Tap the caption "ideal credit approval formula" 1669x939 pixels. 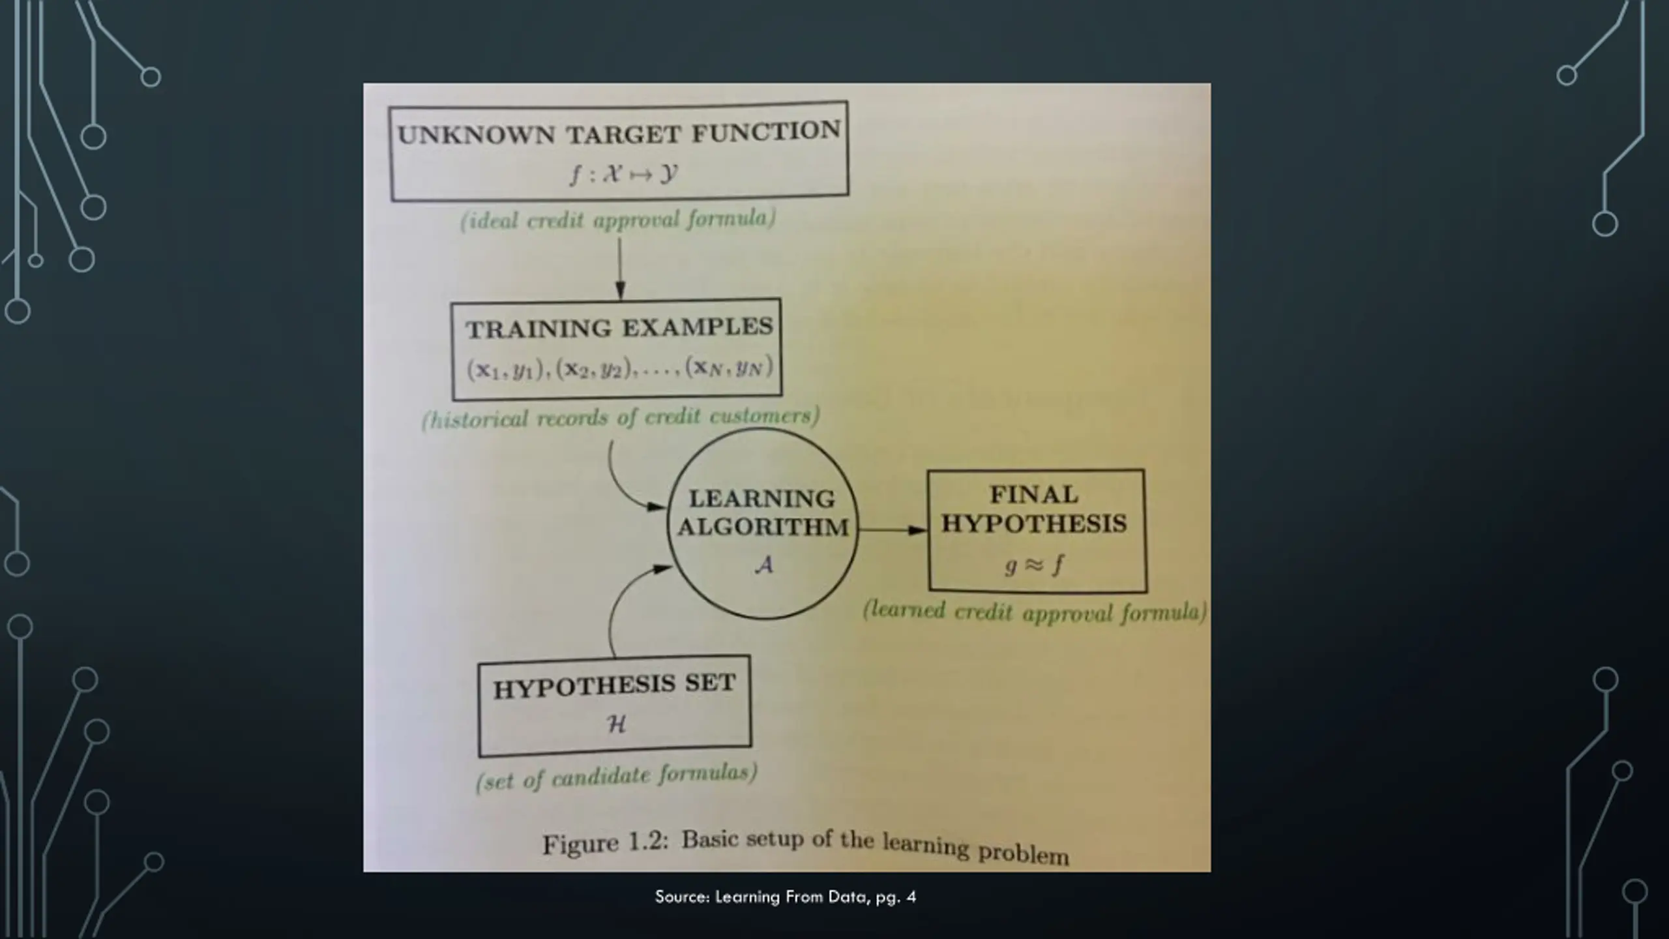point(618,220)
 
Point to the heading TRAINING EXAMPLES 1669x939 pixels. point(619,328)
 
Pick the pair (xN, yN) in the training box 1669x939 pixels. point(729,367)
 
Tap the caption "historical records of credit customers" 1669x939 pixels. point(621,417)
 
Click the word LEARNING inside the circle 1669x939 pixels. point(761,499)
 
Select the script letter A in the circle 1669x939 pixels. point(763,565)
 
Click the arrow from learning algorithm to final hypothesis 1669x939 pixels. point(892,529)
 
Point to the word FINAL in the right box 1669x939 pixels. point(1034,494)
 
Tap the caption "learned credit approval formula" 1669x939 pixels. point(1035,612)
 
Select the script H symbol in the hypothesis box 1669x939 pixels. point(615,724)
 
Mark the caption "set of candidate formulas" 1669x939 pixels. point(617,777)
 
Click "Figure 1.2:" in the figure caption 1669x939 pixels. point(606,843)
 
